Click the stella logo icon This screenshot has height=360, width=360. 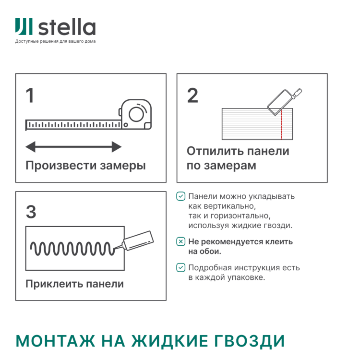tap(24, 27)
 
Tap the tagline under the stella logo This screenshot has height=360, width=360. tap(55, 41)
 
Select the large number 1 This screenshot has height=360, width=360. tap(30, 96)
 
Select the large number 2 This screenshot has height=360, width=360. tap(192, 96)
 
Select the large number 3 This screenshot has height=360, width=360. tap(31, 212)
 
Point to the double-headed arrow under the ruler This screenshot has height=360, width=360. tap(73, 146)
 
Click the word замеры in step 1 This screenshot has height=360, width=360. tap(123, 166)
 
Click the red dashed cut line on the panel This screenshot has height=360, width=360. tap(282, 124)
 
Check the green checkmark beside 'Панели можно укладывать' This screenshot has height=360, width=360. tap(180, 196)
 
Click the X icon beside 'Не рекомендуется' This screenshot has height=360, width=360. tap(180, 241)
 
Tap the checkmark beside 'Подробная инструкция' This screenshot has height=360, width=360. tap(180, 267)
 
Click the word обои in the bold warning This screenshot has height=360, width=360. tap(212, 251)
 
